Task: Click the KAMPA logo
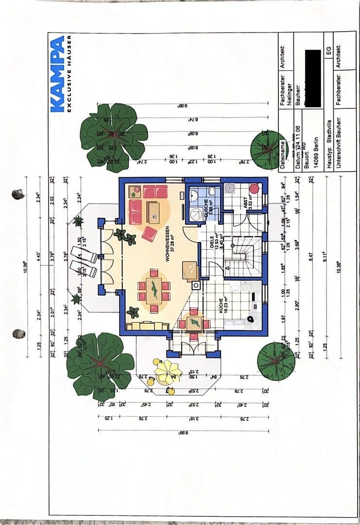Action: click(57, 73)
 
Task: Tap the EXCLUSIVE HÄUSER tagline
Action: click(69, 73)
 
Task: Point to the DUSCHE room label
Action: click(208, 210)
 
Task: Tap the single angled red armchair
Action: click(150, 234)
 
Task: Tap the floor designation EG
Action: click(329, 51)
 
